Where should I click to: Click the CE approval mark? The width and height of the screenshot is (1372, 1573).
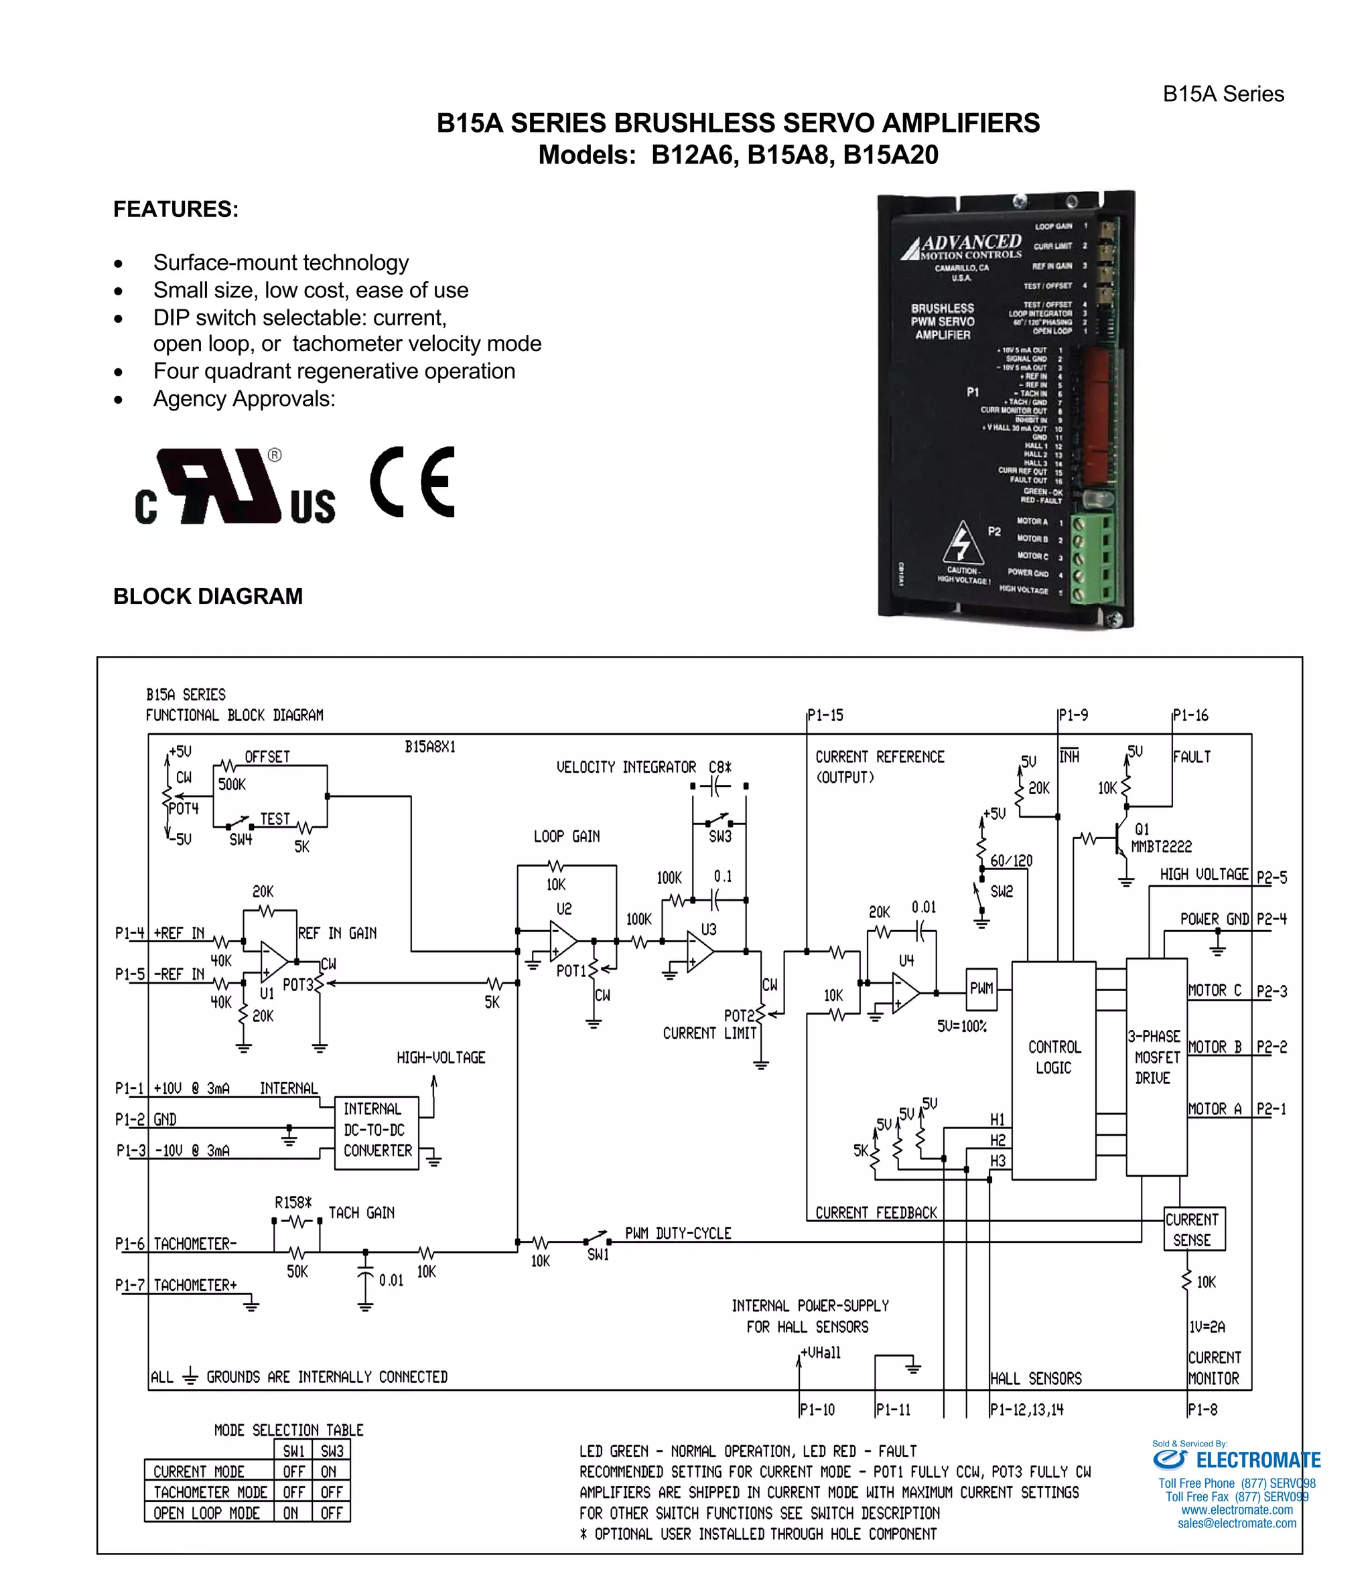(413, 481)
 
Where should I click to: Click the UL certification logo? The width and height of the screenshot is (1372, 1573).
(234, 487)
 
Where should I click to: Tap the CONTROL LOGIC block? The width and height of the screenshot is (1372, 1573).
(1054, 1057)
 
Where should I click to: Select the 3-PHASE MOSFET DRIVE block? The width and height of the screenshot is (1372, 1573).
(1156, 1057)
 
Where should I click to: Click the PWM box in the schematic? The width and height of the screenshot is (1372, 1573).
(981, 988)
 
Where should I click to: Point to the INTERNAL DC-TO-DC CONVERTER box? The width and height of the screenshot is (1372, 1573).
(376, 1130)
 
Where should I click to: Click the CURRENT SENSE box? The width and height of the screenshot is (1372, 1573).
(1193, 1229)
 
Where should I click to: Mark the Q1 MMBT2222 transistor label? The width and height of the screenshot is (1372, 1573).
(1160, 838)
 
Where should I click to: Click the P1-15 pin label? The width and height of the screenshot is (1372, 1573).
(825, 715)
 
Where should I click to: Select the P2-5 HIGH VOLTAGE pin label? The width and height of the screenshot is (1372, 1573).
(1272, 878)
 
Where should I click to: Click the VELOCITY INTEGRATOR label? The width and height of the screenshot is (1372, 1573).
(626, 767)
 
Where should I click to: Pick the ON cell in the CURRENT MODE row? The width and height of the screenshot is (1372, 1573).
(330, 1471)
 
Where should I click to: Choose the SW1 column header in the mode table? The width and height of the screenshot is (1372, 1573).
(293, 1450)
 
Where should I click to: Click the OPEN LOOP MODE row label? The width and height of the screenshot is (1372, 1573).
(207, 1513)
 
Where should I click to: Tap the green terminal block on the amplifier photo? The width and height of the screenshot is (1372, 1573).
(1093, 557)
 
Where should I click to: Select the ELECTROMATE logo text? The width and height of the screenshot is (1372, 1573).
(1258, 1460)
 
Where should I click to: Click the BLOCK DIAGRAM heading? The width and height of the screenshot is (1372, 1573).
(208, 596)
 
